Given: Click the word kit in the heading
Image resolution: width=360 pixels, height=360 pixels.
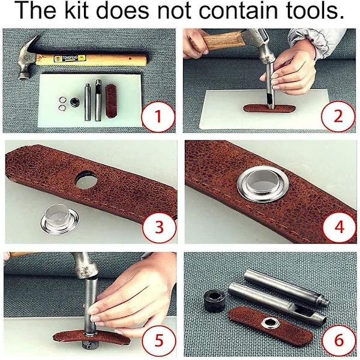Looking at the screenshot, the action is [77, 10].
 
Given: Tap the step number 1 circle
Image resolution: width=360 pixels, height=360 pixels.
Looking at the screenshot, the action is [158, 116].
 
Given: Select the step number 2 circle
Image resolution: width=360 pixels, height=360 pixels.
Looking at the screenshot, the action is [338, 116].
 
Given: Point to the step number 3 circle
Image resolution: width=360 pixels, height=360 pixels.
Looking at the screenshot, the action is [159, 227].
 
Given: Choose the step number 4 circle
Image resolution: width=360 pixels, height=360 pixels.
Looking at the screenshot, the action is [340, 227].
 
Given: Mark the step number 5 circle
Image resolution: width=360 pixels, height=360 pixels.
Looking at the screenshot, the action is [158, 340].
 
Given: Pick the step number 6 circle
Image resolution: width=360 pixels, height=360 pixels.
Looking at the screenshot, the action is [339, 340].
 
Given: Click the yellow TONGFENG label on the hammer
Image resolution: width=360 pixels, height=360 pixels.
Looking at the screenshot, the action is [70, 58].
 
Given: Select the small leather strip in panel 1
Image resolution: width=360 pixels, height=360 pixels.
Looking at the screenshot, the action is [112, 101].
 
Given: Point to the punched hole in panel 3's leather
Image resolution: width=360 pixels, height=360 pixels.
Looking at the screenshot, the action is [86, 179].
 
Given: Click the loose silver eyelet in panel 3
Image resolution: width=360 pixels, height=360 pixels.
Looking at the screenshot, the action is [59, 220].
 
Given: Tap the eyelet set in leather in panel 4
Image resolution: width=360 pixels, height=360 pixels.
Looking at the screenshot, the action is [263, 184].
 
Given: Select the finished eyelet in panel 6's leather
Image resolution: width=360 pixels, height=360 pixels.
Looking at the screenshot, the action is [271, 324].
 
